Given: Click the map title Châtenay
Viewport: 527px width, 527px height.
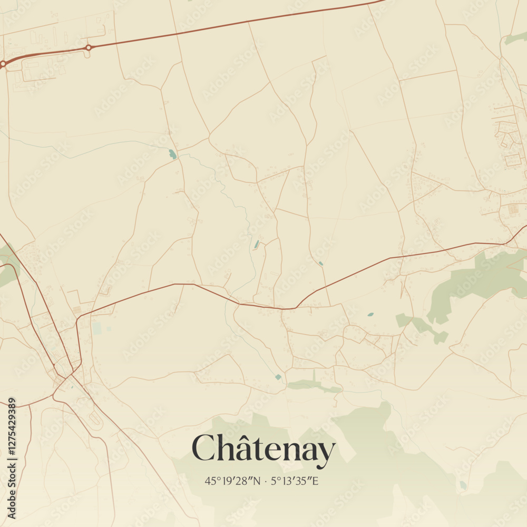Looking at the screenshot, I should (263, 450).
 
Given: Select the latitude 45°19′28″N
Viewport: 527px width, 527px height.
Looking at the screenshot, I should (232, 481).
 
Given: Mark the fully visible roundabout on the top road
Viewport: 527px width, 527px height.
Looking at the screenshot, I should (89, 47).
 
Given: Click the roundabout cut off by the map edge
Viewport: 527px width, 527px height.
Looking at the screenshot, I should (3, 64).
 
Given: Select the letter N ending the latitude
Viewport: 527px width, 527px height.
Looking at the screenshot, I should (257, 481).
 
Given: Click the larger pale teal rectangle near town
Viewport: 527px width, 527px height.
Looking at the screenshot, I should (96, 328).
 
